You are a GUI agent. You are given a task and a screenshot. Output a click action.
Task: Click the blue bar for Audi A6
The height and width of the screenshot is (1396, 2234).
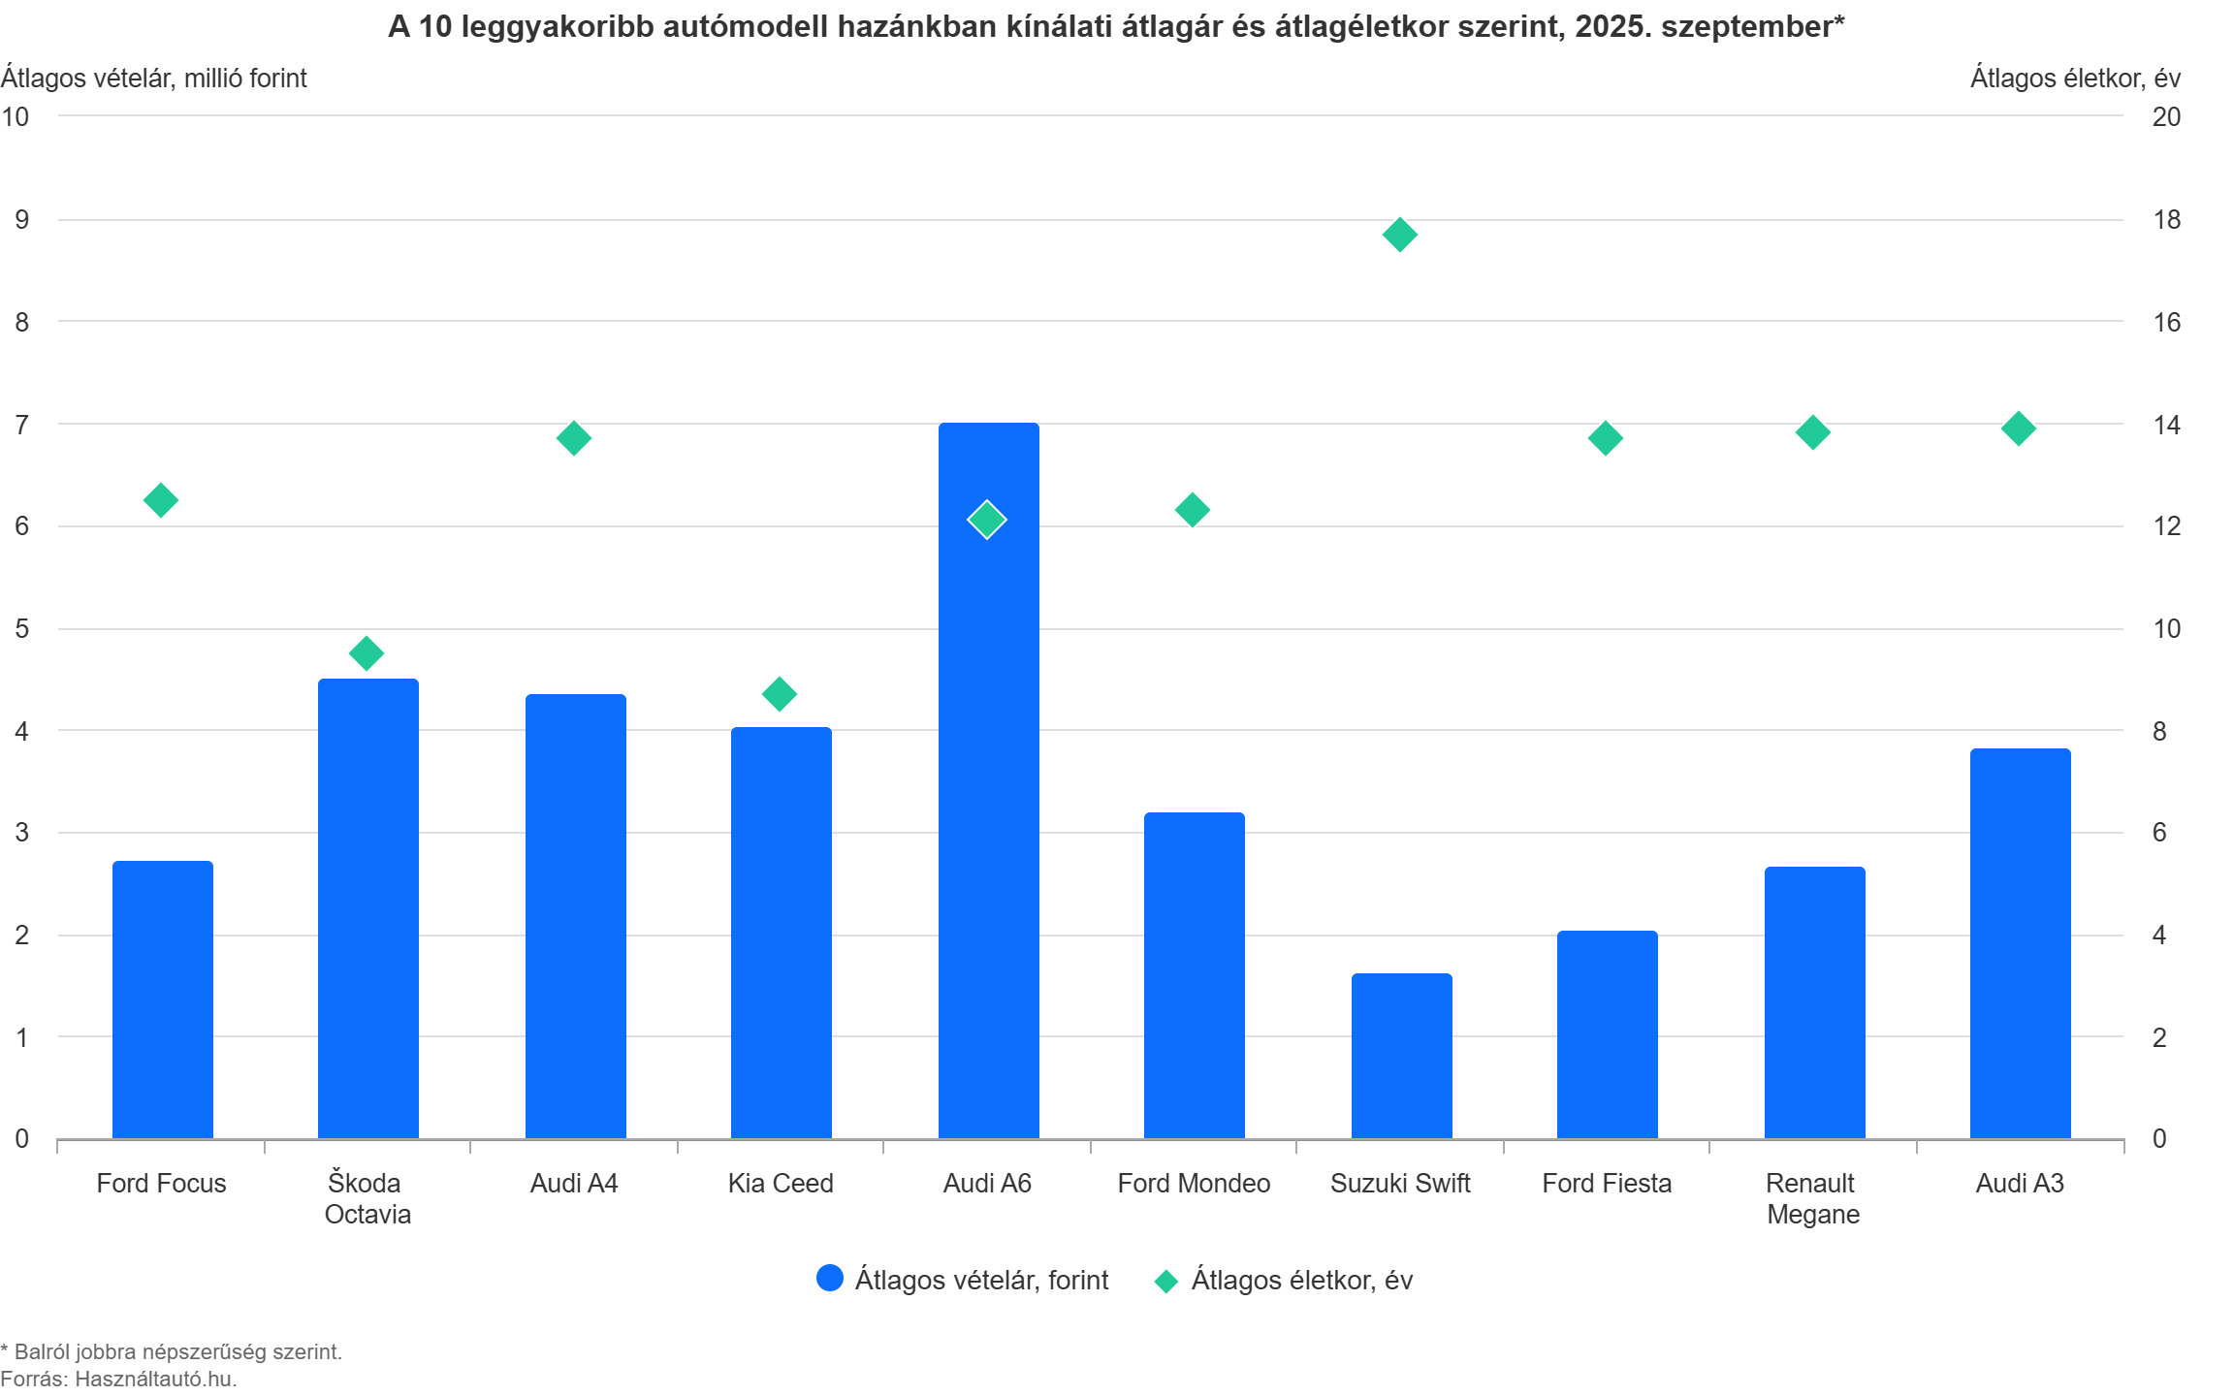point(988,824)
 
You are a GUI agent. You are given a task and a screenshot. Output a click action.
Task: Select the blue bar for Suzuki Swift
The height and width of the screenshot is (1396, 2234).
point(1401,1056)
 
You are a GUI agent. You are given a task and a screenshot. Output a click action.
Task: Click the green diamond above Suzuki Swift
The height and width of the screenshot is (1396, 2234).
point(1399,235)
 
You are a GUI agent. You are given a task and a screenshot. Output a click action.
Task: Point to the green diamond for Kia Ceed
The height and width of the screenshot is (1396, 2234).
point(780,694)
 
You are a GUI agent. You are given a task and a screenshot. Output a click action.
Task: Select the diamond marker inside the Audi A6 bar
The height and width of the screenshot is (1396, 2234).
point(987,520)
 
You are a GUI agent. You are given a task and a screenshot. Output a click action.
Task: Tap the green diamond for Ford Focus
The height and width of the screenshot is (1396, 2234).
point(161,500)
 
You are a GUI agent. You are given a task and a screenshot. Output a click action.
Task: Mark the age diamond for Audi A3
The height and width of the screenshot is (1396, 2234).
point(2019,428)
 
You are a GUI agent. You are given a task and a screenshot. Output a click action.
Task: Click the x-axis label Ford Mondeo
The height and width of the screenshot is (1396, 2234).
point(1194,1184)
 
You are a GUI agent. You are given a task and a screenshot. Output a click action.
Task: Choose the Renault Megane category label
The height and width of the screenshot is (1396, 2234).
point(1812,1198)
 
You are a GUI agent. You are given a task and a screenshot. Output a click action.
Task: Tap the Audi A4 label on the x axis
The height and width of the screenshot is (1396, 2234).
point(574,1184)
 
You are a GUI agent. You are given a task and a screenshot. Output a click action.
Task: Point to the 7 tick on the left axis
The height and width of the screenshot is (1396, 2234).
point(21,424)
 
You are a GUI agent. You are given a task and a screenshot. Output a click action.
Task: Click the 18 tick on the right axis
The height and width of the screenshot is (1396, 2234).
point(2166,220)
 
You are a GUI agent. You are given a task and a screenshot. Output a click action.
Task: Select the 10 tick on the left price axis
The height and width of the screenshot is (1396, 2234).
point(16,116)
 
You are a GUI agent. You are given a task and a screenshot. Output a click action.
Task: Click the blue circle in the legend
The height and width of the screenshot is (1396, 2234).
point(830,1279)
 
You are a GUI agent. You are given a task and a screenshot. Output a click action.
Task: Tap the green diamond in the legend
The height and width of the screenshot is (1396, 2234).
point(1165,1281)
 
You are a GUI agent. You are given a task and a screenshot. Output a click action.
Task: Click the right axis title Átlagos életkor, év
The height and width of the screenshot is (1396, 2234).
point(2075,79)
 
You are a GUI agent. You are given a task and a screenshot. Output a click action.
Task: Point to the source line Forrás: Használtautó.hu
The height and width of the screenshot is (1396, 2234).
point(118,1379)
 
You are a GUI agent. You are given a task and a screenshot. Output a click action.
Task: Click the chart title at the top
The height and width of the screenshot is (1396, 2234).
point(1116,27)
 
